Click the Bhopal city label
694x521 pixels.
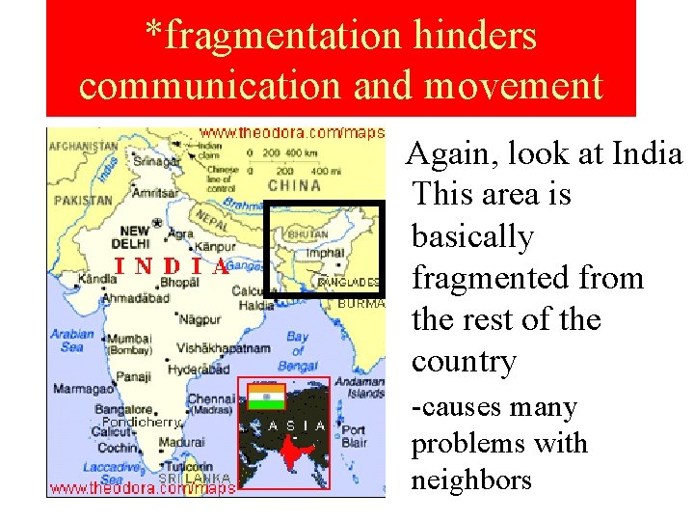click(x=179, y=283)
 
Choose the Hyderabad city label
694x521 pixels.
click(x=199, y=369)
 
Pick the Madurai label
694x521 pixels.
click(x=181, y=442)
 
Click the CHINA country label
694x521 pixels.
click(x=294, y=185)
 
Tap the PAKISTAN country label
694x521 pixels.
click(x=84, y=201)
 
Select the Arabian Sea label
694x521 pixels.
click(x=73, y=341)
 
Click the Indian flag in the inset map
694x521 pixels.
click(x=265, y=396)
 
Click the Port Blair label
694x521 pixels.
click(x=354, y=436)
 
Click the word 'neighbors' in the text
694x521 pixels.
click(x=471, y=480)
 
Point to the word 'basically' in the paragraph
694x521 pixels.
click(x=472, y=236)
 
